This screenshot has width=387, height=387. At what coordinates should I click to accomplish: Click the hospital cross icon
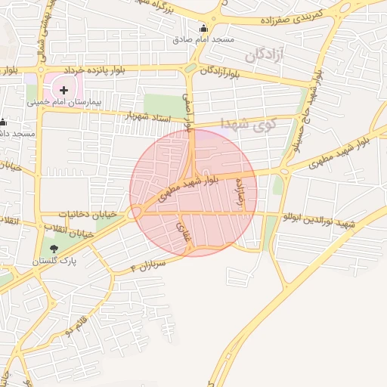63,90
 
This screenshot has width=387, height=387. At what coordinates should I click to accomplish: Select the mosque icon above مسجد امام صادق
203,29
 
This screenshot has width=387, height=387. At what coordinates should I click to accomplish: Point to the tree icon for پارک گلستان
53,248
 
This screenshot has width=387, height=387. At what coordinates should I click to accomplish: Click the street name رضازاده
242,196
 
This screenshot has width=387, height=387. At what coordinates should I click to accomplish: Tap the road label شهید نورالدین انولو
317,220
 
